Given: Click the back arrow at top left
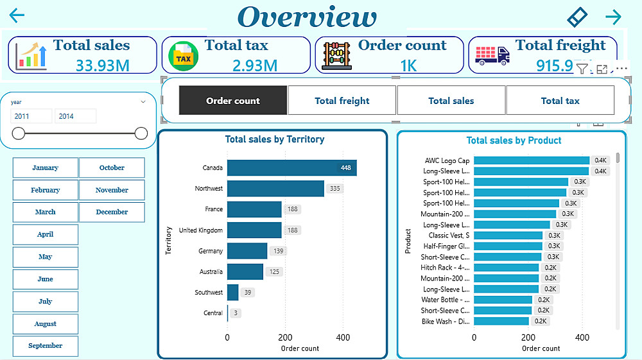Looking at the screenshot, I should (x=17, y=16).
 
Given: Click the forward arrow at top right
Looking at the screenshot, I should (x=614, y=17).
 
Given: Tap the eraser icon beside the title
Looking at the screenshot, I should (x=578, y=17).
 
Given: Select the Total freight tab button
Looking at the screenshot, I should (x=342, y=101).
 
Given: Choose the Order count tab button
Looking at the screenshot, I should (x=233, y=101).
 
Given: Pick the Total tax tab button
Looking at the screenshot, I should (x=560, y=101).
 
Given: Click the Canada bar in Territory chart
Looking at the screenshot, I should (x=291, y=168).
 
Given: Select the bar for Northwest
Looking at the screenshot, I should (x=275, y=189).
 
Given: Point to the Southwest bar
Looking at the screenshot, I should (x=232, y=293).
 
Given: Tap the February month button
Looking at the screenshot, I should (x=45, y=190).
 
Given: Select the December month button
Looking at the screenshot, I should (x=112, y=212).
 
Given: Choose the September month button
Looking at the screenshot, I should (x=45, y=346).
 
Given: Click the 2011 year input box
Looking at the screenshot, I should (x=31, y=116).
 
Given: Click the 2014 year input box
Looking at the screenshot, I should (x=76, y=116).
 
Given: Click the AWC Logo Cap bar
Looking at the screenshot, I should (x=531, y=161).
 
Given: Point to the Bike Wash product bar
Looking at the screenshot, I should (x=501, y=321).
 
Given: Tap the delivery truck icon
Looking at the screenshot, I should (x=493, y=55).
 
